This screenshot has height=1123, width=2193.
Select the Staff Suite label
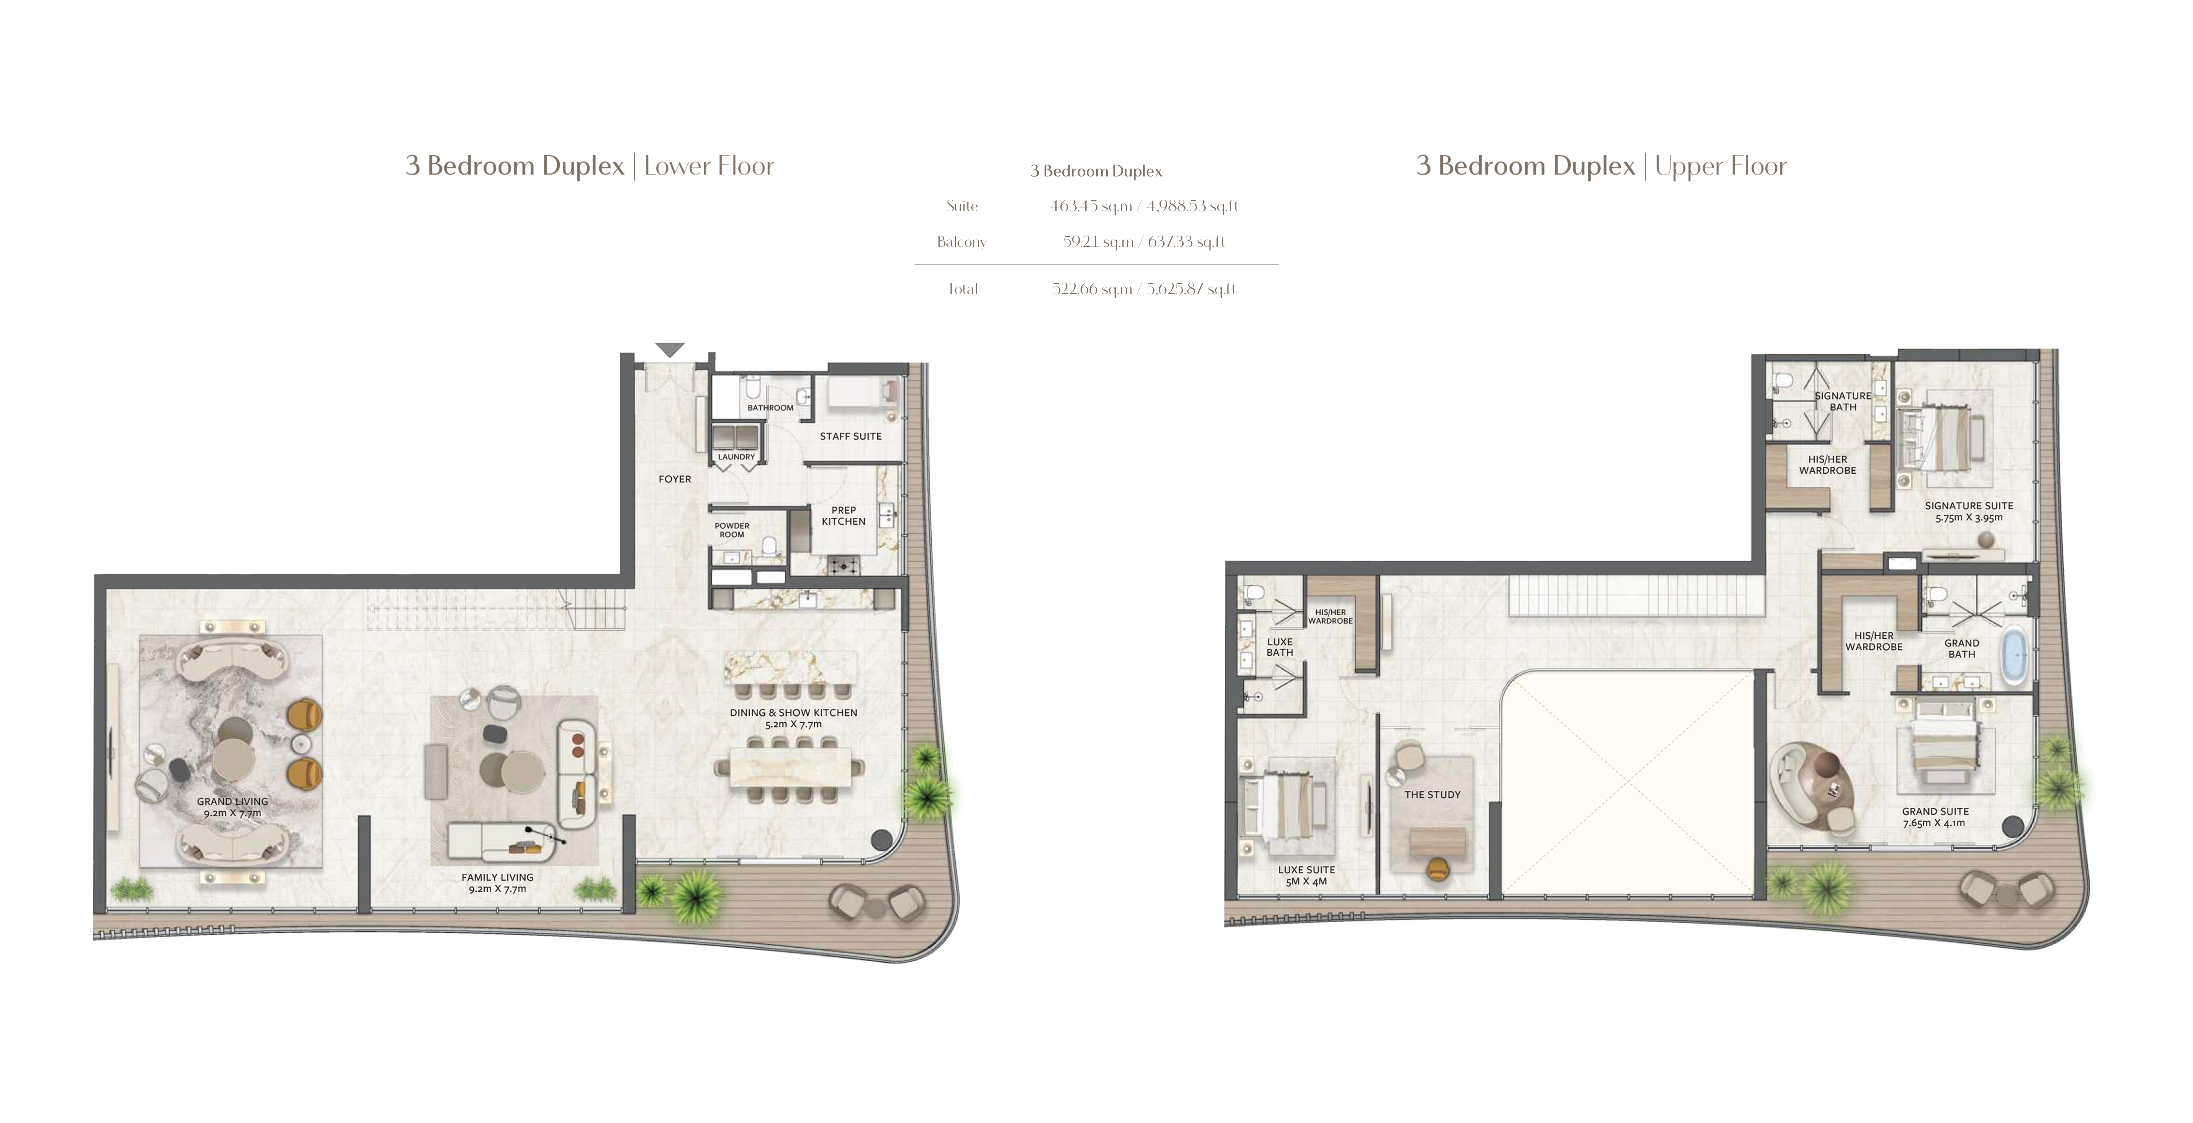tap(851, 436)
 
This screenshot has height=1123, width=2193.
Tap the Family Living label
tap(497, 877)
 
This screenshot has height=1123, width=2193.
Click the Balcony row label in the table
tap(961, 242)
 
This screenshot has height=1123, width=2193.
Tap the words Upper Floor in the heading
tap(1720, 166)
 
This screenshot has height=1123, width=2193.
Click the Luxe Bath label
tap(1279, 647)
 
